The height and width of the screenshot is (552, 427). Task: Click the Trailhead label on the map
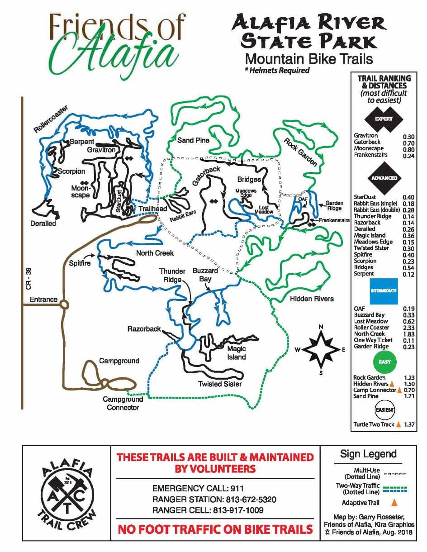(153, 209)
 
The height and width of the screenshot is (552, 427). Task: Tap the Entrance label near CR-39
(43, 300)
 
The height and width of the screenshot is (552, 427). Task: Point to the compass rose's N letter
(321, 327)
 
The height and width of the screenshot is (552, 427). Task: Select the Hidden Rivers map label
(312, 299)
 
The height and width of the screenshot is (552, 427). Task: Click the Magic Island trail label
(236, 353)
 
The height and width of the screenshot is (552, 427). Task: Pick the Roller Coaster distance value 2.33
(408, 328)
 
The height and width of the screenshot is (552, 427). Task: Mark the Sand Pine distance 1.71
(408, 396)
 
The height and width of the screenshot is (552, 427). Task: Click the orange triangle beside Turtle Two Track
(399, 424)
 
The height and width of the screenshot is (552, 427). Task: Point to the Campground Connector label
(123, 403)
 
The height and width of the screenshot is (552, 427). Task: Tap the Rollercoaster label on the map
(51, 119)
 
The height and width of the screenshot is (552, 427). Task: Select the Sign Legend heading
(368, 454)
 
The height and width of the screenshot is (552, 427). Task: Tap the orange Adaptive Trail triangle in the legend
(394, 502)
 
